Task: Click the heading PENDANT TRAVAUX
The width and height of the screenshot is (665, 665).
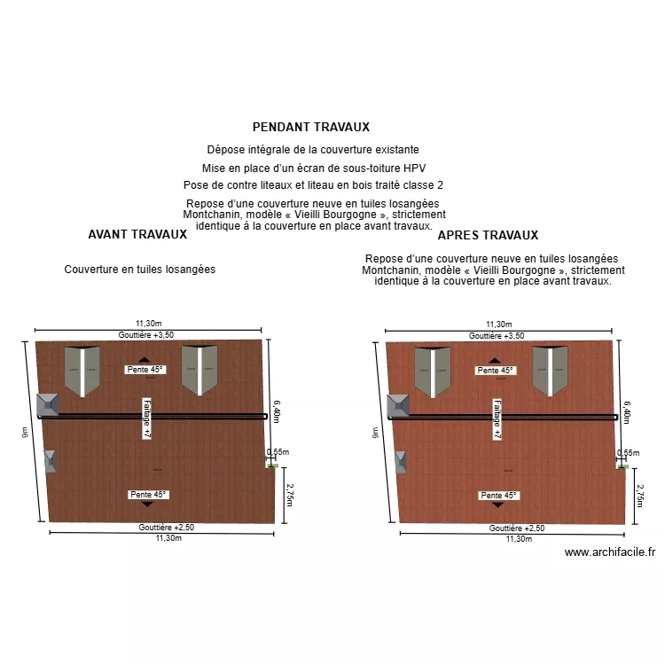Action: point(310,128)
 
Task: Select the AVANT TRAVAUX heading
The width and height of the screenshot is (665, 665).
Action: point(137,235)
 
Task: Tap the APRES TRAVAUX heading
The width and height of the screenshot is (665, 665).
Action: point(488,236)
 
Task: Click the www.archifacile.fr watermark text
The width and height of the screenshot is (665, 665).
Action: point(611,552)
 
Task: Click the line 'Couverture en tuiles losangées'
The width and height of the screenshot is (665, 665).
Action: point(140,270)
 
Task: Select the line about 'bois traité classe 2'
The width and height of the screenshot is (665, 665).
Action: point(313,185)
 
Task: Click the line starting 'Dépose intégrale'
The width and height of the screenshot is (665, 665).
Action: point(313,150)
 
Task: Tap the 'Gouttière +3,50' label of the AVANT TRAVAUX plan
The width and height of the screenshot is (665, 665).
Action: point(146,335)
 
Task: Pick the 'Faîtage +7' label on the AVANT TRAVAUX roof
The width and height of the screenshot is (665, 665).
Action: point(147,418)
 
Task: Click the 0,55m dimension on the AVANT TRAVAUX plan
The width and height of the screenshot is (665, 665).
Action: point(278,452)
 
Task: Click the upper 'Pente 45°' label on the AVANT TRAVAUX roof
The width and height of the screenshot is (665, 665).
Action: point(145,370)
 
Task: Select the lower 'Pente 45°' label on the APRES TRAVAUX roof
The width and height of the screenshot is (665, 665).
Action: point(497,495)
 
